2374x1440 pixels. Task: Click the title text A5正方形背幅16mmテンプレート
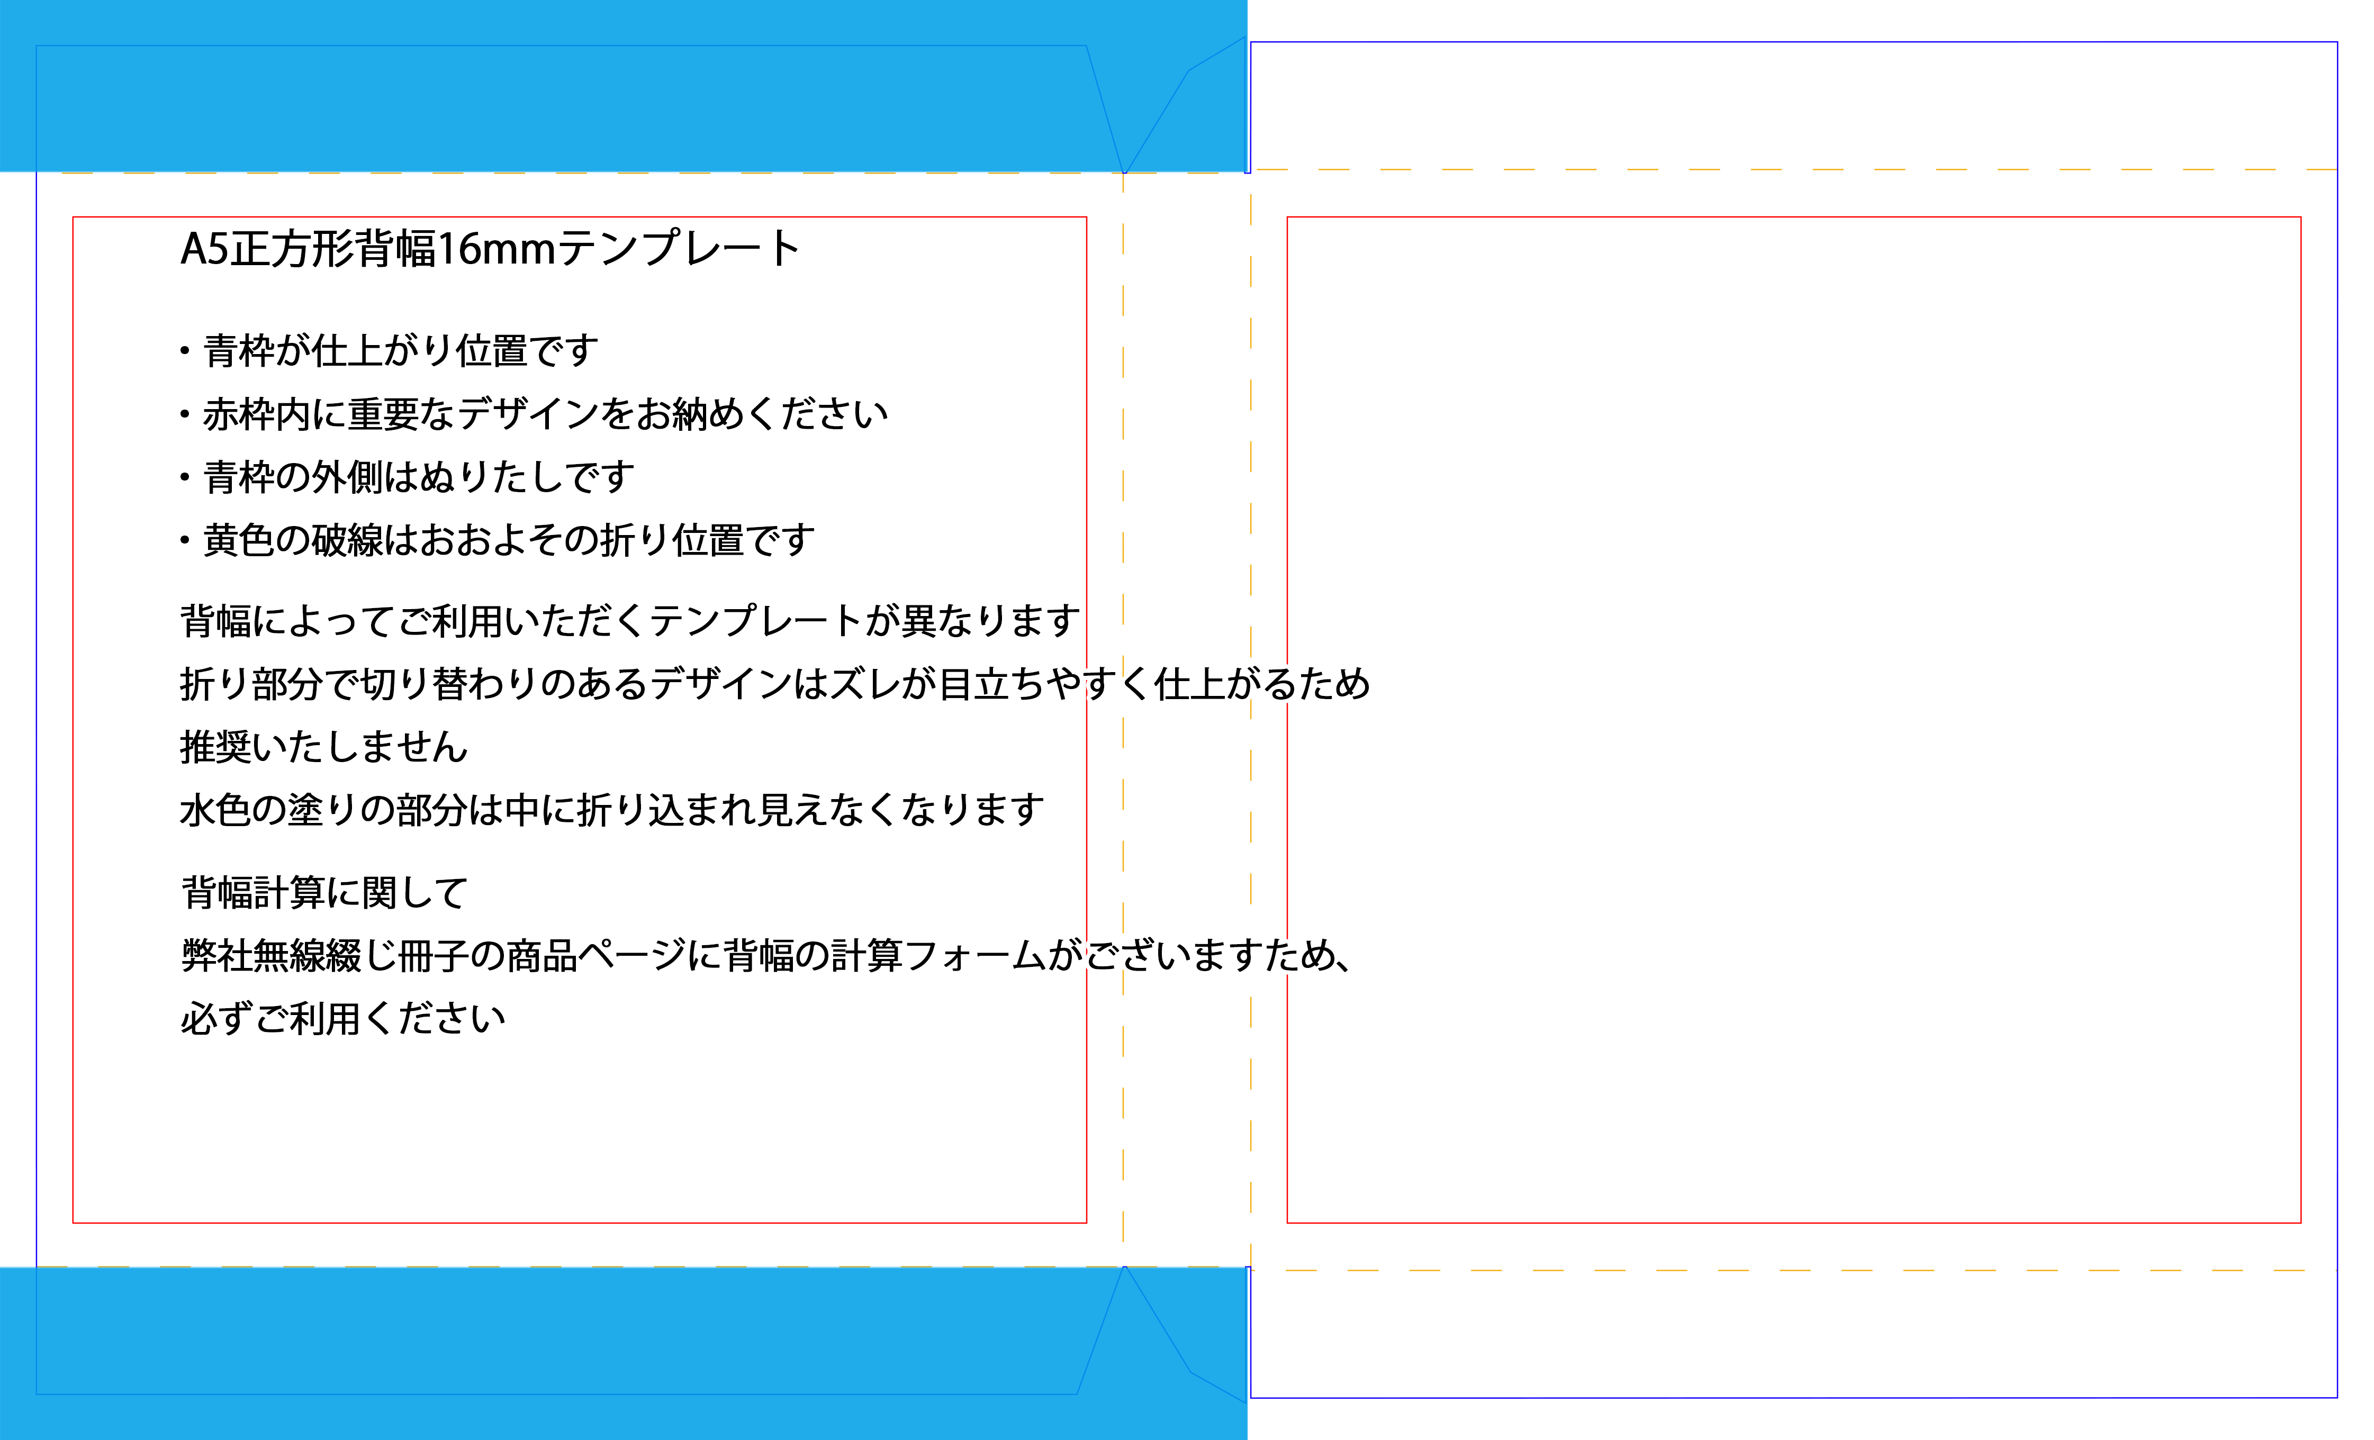[x=490, y=249]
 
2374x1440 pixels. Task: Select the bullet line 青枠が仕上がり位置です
[x=400, y=351]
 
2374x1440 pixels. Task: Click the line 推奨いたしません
[x=324, y=747]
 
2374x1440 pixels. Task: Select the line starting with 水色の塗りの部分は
[x=612, y=810]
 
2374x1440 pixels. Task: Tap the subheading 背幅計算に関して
[x=324, y=893]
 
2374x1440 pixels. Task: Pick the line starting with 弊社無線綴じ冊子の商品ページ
[x=766, y=956]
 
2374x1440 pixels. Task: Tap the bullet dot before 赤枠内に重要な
[x=184, y=414]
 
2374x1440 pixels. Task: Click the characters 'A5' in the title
[x=204, y=249]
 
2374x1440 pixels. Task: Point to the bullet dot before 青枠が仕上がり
[x=184, y=351]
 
